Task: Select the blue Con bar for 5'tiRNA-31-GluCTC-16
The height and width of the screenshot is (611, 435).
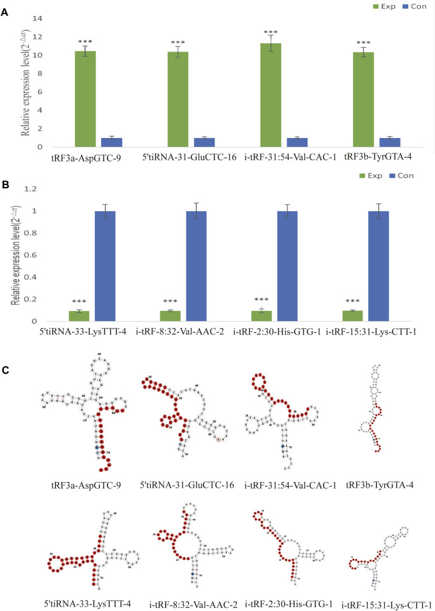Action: click(204, 142)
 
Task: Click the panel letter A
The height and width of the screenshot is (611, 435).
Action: click(5, 11)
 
